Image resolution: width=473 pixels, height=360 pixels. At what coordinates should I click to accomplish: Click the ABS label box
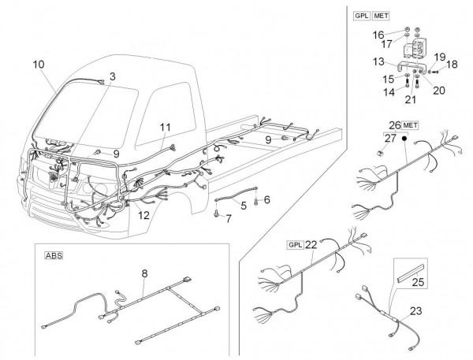[x=53, y=255]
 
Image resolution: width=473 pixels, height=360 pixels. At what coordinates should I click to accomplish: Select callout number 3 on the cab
[x=112, y=76]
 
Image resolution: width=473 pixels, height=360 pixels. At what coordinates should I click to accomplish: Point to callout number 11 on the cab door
[x=165, y=127]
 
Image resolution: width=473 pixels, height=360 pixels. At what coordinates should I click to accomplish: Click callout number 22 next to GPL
[x=311, y=243]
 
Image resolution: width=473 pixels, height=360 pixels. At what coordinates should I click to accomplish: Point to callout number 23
[x=416, y=310]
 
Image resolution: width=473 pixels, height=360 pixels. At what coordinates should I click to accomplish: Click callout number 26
[x=393, y=124]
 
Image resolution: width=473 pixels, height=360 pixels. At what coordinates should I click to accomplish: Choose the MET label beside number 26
[x=410, y=124]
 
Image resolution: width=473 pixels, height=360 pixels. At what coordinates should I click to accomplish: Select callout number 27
[x=389, y=138]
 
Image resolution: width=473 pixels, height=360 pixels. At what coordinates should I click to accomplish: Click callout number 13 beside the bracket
[x=379, y=61]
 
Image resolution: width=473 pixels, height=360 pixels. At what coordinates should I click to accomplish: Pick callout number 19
[x=438, y=57]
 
